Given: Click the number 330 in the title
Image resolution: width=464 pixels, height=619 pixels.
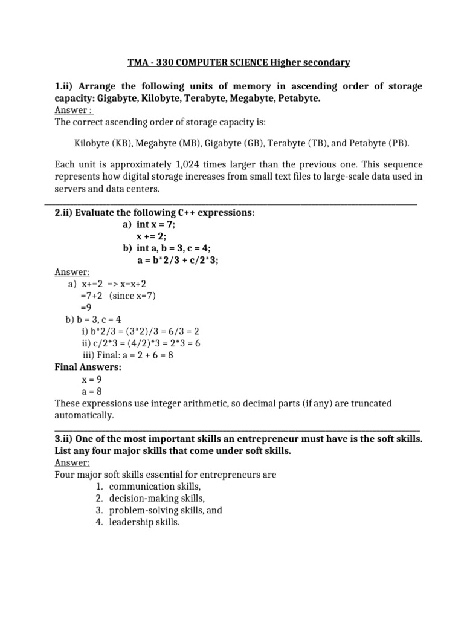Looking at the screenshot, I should tap(167, 63).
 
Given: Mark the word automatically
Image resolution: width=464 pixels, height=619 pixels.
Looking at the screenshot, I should tap(83, 415).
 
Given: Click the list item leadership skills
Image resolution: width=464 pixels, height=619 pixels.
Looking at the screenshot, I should tap(144, 522).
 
